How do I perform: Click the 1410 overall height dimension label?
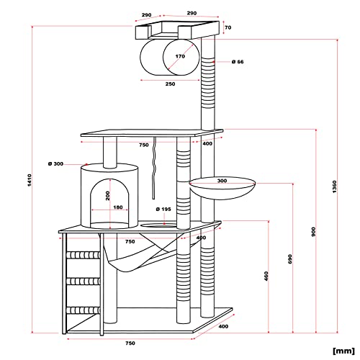[30, 180]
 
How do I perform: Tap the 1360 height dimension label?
[334, 187]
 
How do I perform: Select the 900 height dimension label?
[313, 232]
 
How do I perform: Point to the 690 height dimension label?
[290, 259]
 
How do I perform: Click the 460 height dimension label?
[266, 276]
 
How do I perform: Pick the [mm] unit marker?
[343, 351]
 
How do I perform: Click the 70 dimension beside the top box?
[228, 27]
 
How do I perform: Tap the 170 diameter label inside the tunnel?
[180, 56]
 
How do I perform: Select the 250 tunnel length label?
[170, 84]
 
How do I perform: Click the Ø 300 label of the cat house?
[55, 164]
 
